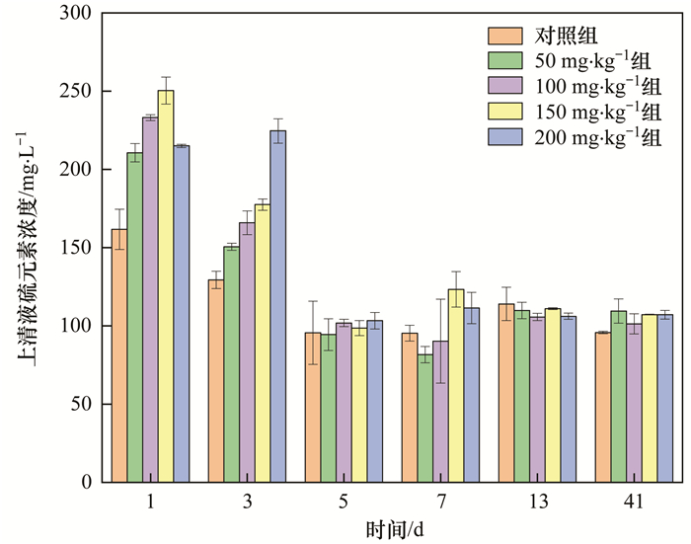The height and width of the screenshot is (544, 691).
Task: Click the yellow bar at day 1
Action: [166, 286]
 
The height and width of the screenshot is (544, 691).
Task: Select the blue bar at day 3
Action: [278, 306]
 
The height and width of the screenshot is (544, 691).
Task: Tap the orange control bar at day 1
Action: [118, 355]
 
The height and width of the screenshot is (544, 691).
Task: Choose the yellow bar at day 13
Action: [552, 395]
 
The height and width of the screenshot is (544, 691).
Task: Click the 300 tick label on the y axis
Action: [77, 14]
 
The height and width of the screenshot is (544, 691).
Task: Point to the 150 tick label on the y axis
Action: [77, 248]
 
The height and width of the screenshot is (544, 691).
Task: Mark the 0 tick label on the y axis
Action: [86, 482]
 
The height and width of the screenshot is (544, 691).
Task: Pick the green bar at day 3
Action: [231, 364]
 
